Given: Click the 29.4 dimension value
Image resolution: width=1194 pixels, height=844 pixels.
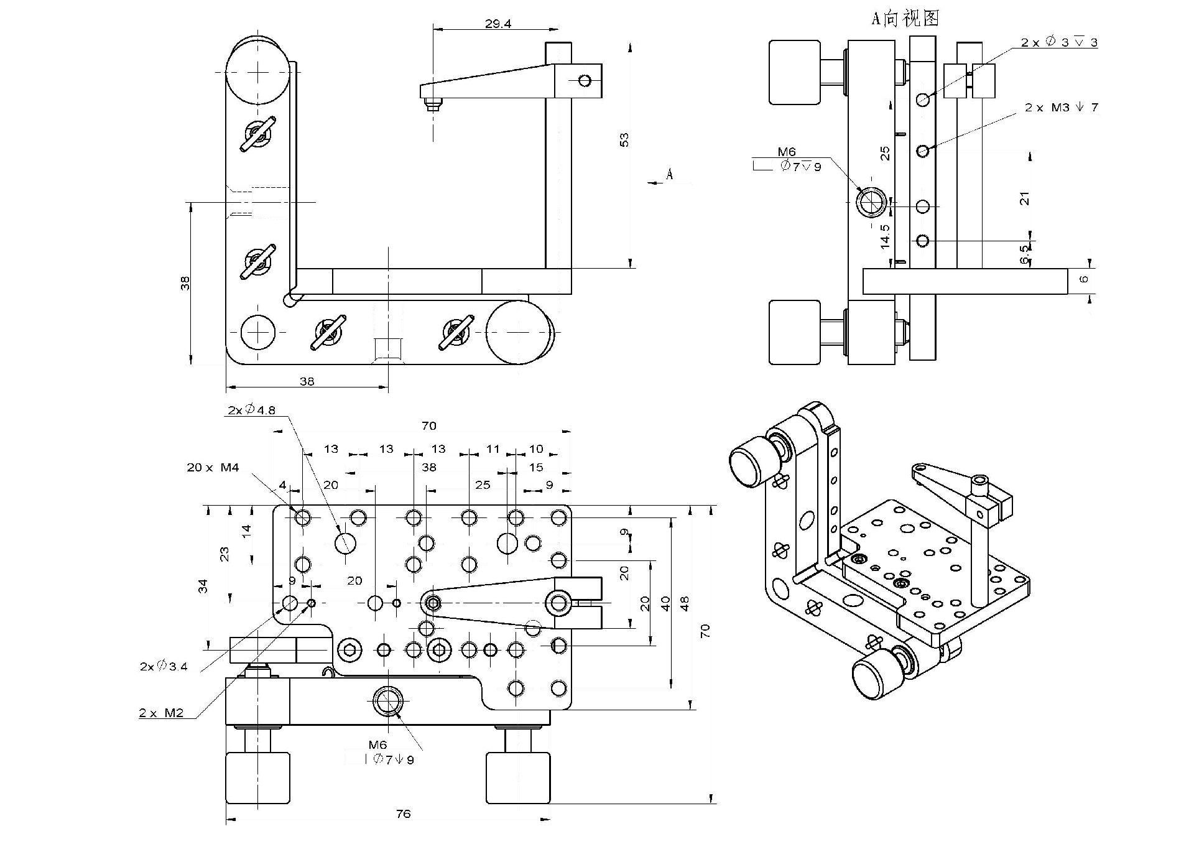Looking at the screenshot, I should [x=497, y=24].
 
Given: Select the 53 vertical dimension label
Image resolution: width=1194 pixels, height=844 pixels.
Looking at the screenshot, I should [x=624, y=139].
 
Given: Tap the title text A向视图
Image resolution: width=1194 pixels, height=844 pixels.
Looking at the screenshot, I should [x=904, y=18].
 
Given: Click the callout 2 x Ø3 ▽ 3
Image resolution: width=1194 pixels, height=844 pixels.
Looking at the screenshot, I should [x=1058, y=42].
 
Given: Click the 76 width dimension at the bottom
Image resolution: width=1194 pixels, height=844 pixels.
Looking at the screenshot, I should [x=403, y=814].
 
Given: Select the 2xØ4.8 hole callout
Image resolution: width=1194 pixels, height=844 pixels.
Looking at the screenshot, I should [x=251, y=410].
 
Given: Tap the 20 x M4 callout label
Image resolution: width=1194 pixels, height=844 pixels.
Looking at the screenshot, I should [x=213, y=467].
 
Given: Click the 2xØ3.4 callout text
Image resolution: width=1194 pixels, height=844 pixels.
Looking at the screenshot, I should [x=164, y=666].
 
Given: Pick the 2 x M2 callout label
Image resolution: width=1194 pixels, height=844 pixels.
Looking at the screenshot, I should [x=161, y=713].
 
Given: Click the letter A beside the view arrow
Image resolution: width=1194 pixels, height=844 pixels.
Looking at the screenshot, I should [x=669, y=174].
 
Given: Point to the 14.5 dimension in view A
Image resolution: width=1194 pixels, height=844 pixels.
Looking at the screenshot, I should [x=885, y=236].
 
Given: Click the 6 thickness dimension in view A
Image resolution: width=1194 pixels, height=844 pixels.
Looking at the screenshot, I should [x=1084, y=279].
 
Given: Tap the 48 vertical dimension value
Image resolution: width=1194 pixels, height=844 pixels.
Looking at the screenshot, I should [x=685, y=603].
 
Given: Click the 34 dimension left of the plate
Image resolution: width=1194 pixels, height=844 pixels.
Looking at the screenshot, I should [x=203, y=585].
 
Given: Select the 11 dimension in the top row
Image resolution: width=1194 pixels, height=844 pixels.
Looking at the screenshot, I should [x=493, y=448].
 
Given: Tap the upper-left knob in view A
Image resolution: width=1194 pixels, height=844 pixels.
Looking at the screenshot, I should [x=794, y=72].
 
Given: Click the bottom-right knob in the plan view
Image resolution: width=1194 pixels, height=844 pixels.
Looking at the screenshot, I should [x=517, y=777].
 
